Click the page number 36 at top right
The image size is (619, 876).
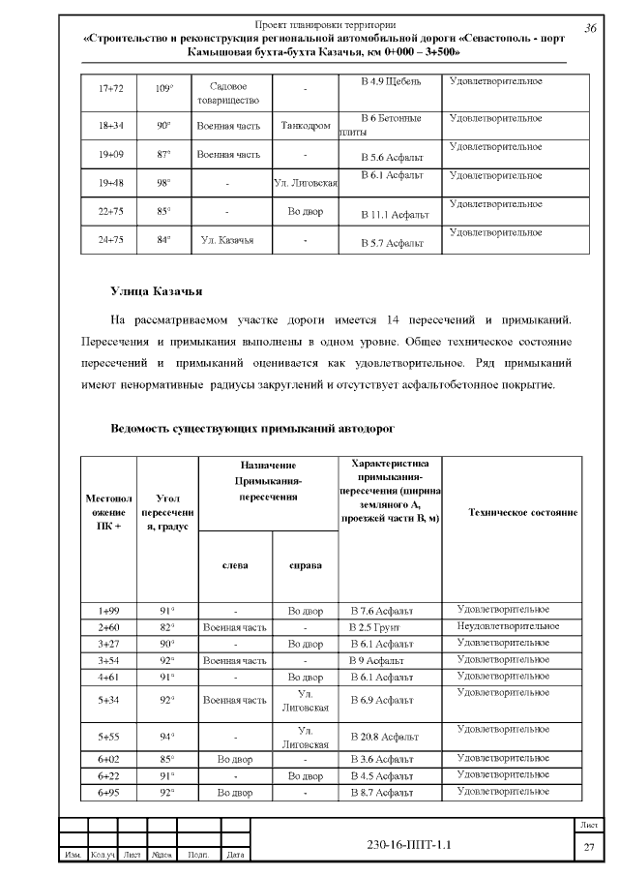click(590, 28)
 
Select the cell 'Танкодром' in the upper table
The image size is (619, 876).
click(305, 126)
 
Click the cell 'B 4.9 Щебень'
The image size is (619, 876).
click(391, 80)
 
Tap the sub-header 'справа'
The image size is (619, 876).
click(306, 565)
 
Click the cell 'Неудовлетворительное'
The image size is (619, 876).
click(507, 626)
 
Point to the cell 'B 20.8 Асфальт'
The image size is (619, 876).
click(384, 737)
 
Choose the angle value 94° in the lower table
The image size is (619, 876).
click(166, 736)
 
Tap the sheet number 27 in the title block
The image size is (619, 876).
click(588, 847)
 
